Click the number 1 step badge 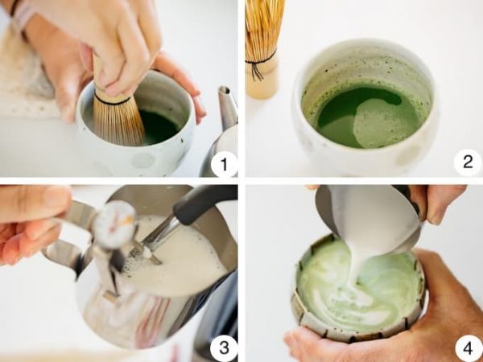pos(224,164)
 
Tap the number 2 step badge pos(468,162)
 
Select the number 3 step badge pos(224,348)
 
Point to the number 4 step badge pos(469,348)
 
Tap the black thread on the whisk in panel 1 pos(113,101)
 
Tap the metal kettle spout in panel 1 pos(228,106)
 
